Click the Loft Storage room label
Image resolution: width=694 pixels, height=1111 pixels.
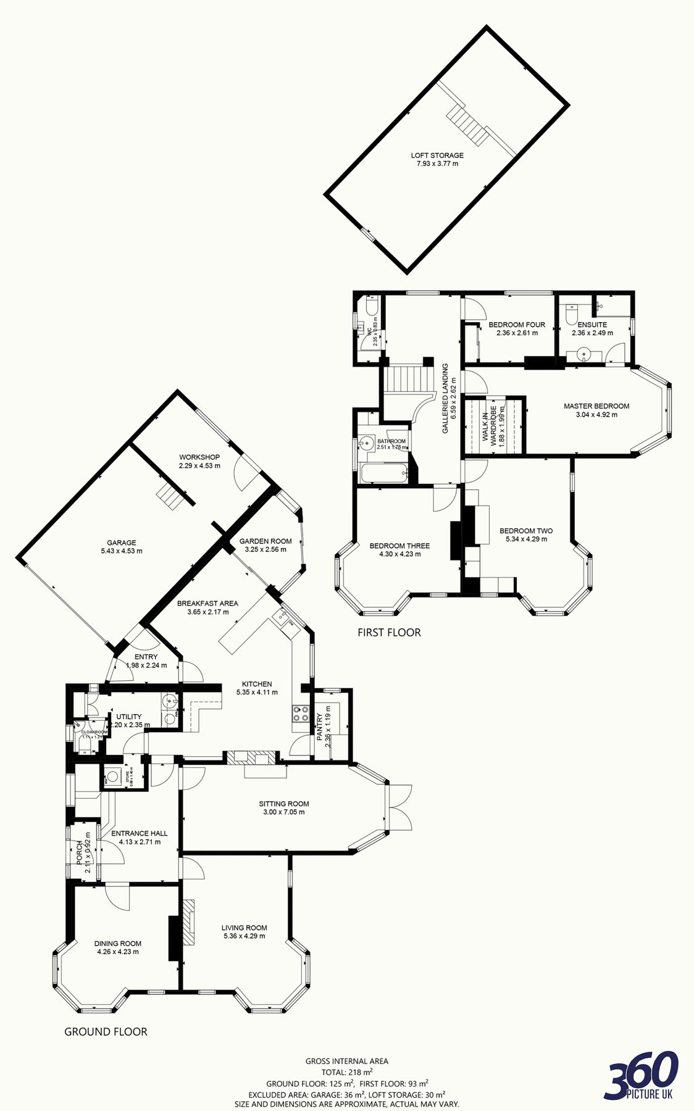(437, 156)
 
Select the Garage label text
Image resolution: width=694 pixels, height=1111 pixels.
(122, 543)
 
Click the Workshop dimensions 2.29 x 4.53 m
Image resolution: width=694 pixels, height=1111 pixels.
(199, 465)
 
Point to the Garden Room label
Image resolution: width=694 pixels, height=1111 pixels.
(265, 541)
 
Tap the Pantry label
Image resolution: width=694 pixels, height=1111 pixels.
(319, 726)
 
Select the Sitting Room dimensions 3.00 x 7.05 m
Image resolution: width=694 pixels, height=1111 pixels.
(284, 812)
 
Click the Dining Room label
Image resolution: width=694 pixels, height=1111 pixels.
(118, 943)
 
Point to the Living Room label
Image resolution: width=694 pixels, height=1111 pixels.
(245, 927)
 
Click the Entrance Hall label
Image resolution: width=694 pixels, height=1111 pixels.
(139, 833)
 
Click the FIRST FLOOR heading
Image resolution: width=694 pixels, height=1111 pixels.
(389, 632)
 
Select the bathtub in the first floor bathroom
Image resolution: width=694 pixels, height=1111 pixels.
(383, 474)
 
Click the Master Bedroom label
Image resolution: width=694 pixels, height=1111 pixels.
(596, 406)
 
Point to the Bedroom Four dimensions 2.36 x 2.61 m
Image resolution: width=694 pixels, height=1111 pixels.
(517, 333)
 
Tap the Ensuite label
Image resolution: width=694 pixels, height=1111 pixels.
(592, 324)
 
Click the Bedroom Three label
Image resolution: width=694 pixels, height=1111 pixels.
(399, 546)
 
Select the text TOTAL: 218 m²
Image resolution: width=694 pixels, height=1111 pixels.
(346, 1072)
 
